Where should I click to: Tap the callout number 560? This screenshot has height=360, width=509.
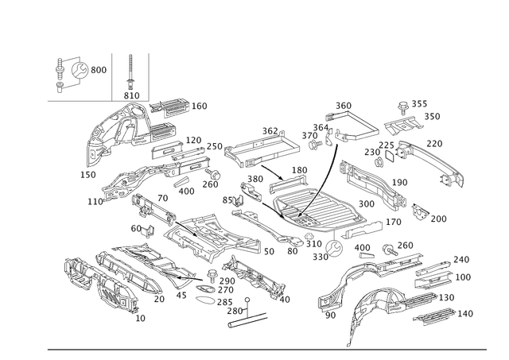point(343,104)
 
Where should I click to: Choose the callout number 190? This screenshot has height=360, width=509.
point(402,182)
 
